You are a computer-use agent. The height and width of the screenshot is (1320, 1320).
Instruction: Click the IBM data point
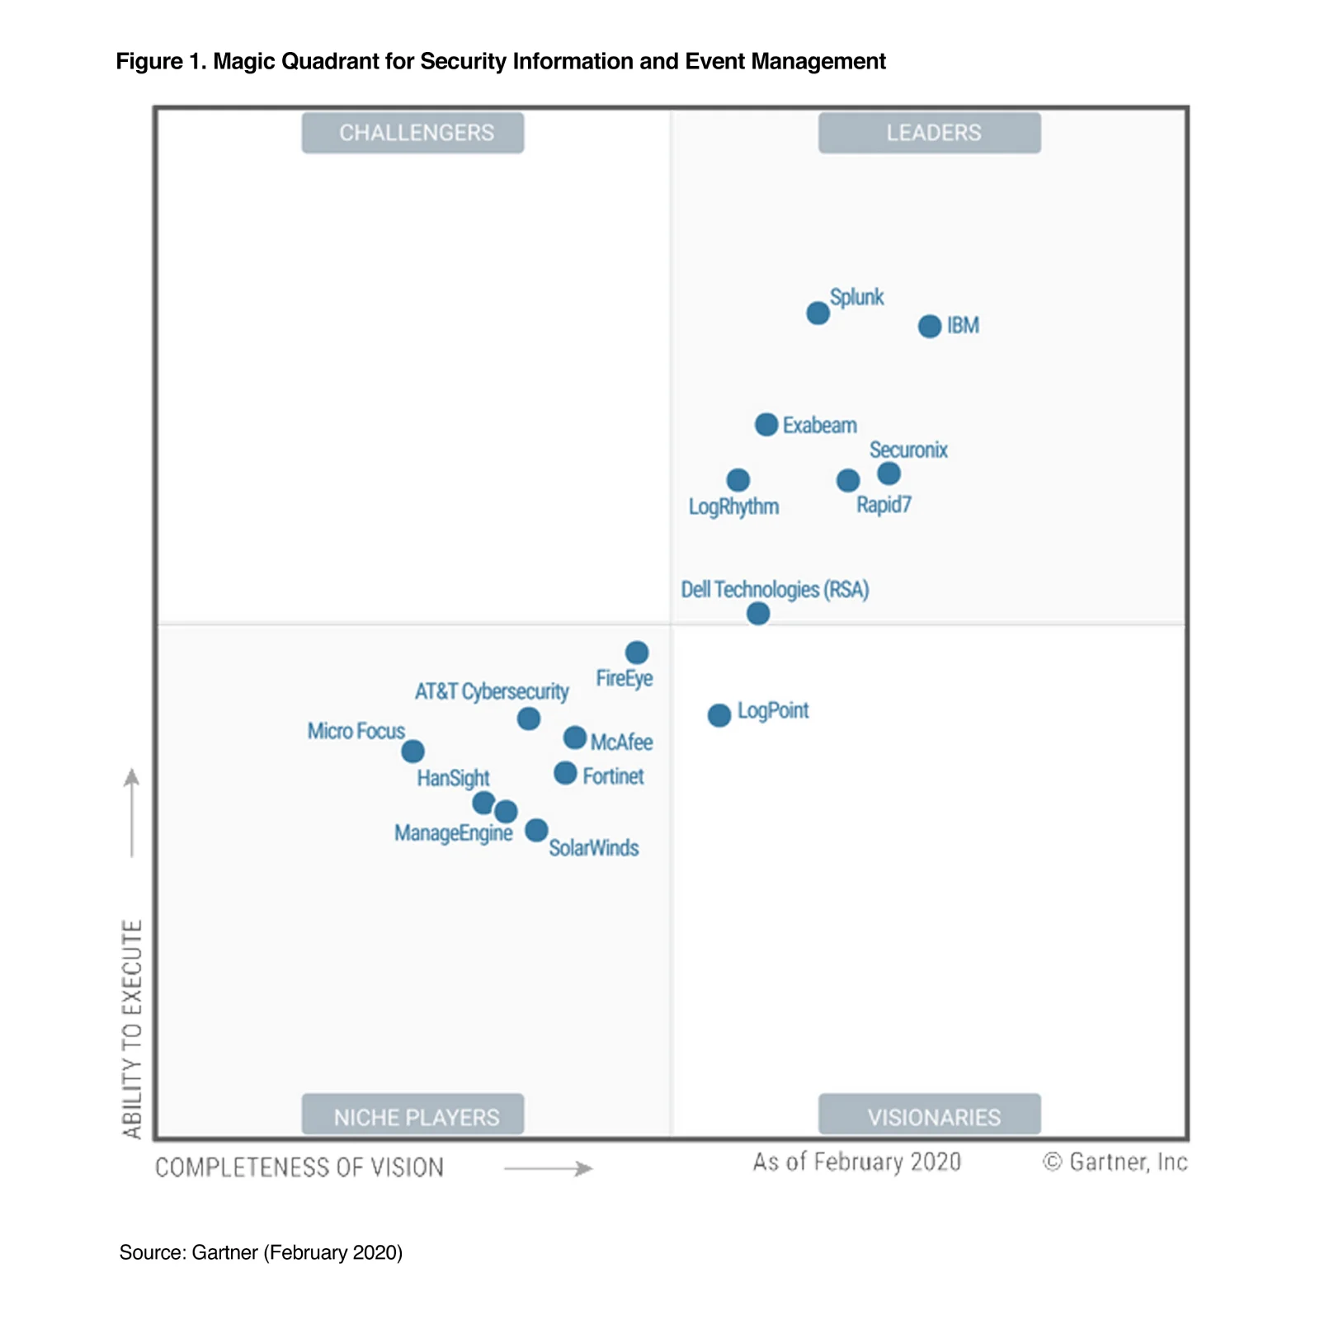(x=930, y=326)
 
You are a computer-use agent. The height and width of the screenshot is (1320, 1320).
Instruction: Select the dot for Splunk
(x=818, y=313)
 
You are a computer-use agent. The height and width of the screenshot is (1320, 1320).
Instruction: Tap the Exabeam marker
(x=766, y=425)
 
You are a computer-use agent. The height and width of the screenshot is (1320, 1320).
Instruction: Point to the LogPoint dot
(x=719, y=714)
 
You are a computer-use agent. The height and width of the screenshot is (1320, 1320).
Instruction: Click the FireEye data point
(x=637, y=653)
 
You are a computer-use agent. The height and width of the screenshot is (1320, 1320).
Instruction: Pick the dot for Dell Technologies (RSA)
(x=758, y=613)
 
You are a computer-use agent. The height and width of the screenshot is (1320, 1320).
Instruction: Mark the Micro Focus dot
(x=412, y=752)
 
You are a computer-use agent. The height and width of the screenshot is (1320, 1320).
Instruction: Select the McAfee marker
(x=575, y=738)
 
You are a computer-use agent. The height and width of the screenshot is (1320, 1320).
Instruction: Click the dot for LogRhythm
(x=738, y=480)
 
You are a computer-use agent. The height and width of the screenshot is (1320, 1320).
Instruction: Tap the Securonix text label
(x=908, y=450)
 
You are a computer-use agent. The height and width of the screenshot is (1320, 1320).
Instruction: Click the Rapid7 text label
(x=884, y=505)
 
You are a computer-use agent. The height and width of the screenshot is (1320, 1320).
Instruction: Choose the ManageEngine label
(x=453, y=833)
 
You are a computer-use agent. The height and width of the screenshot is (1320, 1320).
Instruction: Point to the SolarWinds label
(x=593, y=848)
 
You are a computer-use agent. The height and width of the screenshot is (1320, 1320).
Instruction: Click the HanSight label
(x=453, y=778)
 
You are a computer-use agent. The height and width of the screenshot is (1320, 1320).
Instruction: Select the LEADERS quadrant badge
(x=929, y=133)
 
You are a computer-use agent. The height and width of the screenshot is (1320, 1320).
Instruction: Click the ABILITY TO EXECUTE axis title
(x=132, y=1028)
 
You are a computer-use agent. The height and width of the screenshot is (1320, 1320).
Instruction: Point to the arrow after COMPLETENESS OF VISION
(x=549, y=1168)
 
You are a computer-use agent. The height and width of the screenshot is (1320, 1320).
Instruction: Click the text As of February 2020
(x=856, y=1162)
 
